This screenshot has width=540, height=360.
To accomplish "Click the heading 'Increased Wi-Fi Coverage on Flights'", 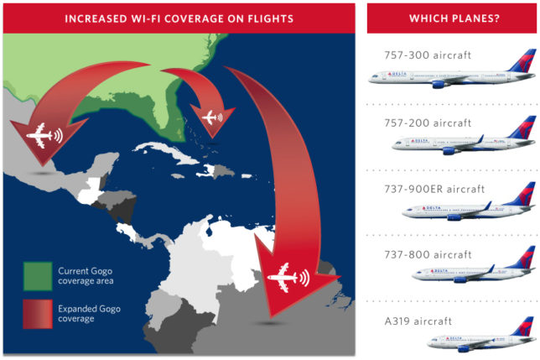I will tap(179, 17).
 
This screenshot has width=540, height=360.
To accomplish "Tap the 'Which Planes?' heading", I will tap(453, 18).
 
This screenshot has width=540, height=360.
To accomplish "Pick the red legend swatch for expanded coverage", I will tap(36, 315).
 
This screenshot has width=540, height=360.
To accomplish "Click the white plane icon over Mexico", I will tap(39, 134).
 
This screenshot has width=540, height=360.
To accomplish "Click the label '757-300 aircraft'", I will tap(416, 55).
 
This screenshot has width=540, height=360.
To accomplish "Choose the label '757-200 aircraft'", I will tap(416, 122).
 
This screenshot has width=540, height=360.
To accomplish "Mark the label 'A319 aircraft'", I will tap(409, 321).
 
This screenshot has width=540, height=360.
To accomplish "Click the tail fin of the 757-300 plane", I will tap(524, 61).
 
